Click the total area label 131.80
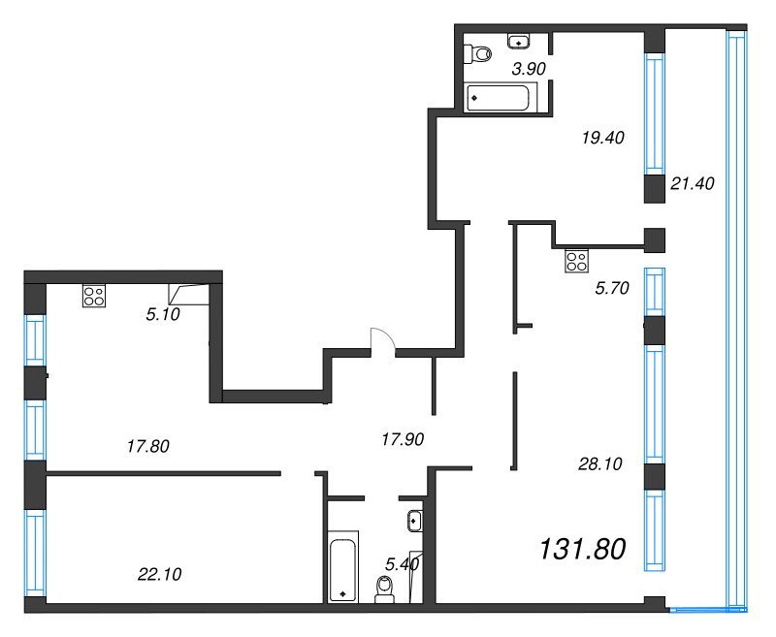pos(583,550)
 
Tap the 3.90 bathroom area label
pos(529,69)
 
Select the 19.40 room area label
pos(602,138)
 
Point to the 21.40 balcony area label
pos(693,184)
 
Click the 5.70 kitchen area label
pos(612,288)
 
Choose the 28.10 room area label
pos(599,463)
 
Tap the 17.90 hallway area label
pos(403,439)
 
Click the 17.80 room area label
pos(148,447)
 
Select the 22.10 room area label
pos(159,574)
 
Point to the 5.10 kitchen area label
pos(163,314)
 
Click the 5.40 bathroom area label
pos(402,564)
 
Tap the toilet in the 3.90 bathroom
pos(477,53)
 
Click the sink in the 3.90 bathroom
pos(519,42)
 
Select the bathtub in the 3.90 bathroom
pos(498,97)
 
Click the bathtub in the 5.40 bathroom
pos(342,567)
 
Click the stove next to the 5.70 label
pos(576,261)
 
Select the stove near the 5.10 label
pos(94,297)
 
